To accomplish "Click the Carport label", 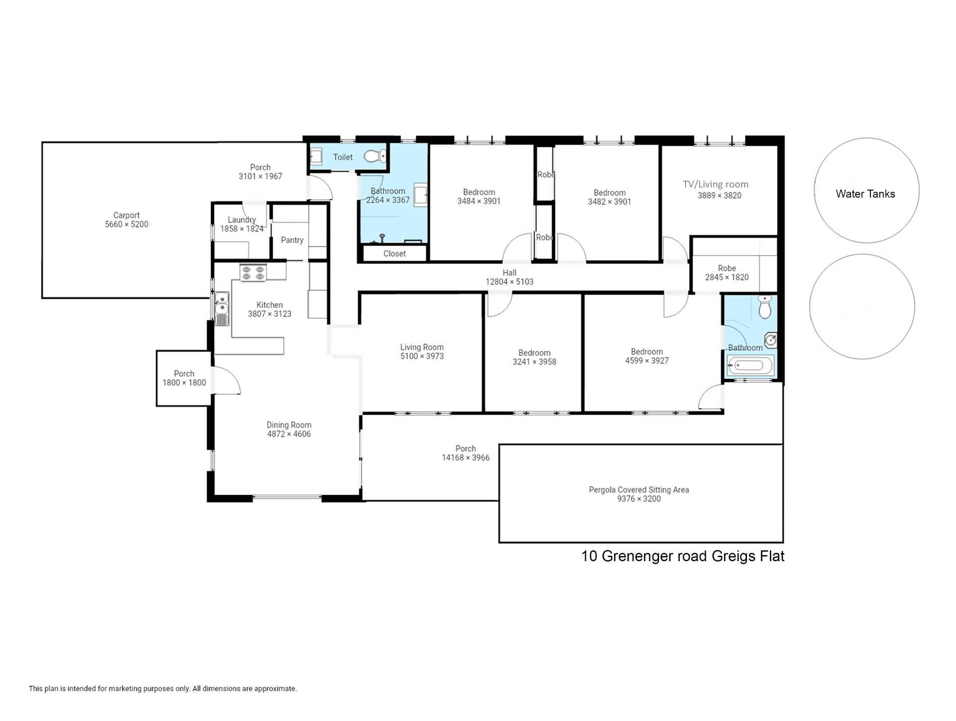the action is (x=126, y=216).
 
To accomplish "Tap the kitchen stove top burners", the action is (x=253, y=273).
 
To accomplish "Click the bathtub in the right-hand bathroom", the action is (x=750, y=366).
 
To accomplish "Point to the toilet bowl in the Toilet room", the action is (x=374, y=156).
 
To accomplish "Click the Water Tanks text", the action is (x=865, y=194).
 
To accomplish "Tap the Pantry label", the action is (x=292, y=240).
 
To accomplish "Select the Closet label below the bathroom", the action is (x=395, y=253).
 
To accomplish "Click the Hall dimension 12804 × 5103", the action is (x=509, y=282).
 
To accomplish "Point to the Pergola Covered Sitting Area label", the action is (x=639, y=490).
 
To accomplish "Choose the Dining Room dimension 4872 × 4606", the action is (x=289, y=434).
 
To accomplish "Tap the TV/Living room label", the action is (x=716, y=184).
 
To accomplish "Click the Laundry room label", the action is (x=241, y=220).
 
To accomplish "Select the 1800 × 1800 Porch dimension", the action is (x=184, y=383).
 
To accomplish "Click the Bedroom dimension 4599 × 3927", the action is (x=647, y=361).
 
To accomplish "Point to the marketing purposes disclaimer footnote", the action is (x=163, y=689).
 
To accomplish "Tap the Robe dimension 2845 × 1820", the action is (x=727, y=277).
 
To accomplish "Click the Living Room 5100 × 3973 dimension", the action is (x=422, y=357).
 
